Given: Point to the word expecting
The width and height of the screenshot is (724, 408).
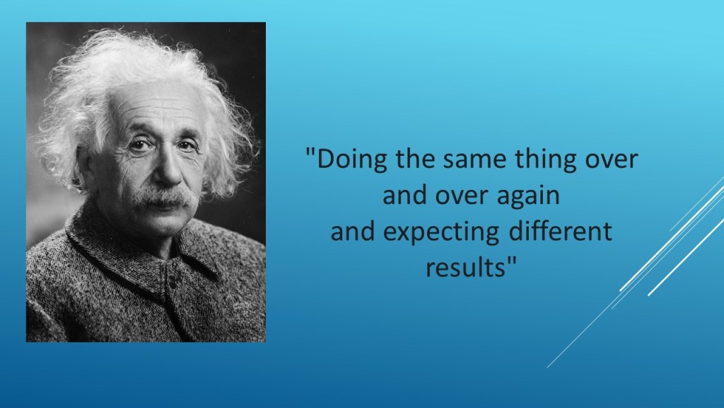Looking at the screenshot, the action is pos(441,232).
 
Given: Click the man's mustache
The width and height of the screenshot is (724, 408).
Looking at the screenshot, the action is pos(164,198).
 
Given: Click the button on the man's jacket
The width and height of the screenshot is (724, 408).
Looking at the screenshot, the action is pos(173,280).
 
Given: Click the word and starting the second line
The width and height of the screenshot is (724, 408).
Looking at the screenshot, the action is pos(404,194).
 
